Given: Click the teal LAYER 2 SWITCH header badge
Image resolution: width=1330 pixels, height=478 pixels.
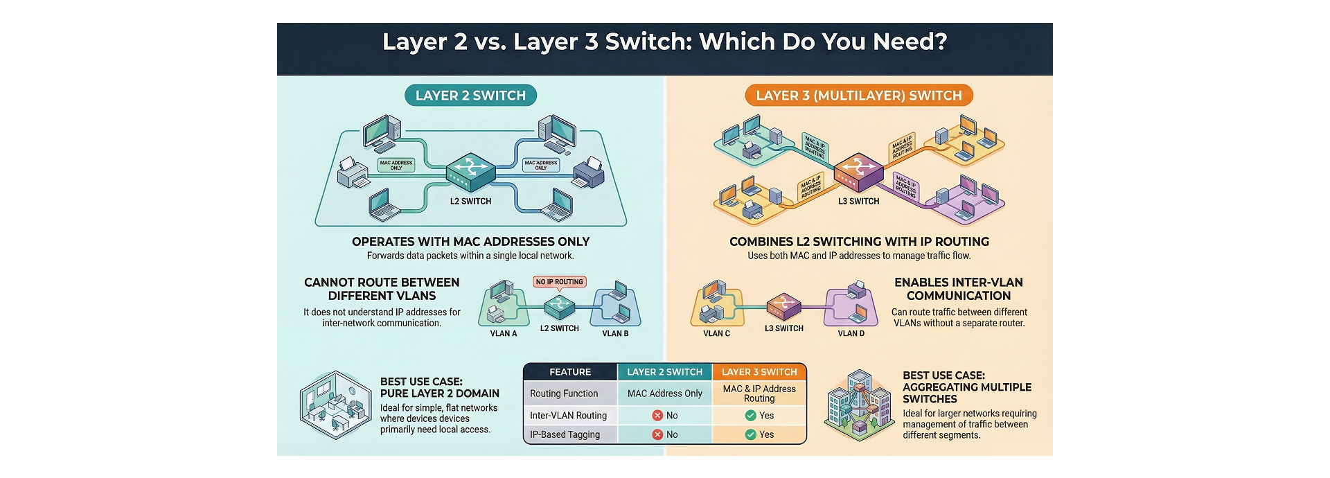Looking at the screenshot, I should (470, 96).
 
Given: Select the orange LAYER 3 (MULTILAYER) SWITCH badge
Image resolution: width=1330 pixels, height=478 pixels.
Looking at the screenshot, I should (858, 96).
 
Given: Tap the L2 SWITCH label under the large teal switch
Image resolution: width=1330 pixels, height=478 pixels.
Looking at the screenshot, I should (470, 202).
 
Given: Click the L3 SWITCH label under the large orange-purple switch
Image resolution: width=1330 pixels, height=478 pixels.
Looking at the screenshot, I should (858, 202).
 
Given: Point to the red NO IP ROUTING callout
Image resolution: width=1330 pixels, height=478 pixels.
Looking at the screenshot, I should (560, 282).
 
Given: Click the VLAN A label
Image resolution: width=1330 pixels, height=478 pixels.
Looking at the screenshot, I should (504, 334).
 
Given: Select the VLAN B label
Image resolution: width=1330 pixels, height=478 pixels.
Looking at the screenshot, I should (615, 334).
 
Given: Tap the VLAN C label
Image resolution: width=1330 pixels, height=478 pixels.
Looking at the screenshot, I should (716, 334).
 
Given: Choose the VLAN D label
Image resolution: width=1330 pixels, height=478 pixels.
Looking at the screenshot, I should (851, 334).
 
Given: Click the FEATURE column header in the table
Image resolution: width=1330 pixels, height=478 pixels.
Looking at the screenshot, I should (570, 372).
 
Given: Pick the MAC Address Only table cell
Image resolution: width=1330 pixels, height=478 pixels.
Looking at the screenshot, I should (664, 393).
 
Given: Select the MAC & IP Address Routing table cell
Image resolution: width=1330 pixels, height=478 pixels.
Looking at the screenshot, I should (759, 393).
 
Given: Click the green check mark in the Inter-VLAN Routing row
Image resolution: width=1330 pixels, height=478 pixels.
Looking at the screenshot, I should (750, 416).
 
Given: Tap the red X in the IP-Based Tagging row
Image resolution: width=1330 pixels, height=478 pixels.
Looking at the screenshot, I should (657, 435).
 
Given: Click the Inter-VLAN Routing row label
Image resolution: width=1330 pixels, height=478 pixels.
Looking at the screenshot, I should (568, 416).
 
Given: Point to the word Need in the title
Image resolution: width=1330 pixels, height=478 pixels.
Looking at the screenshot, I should (909, 42).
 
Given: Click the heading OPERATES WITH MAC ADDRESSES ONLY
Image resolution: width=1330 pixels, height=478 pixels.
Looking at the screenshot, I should (470, 242).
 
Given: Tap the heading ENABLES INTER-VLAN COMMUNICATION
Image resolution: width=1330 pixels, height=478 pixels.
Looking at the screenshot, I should (958, 289).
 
